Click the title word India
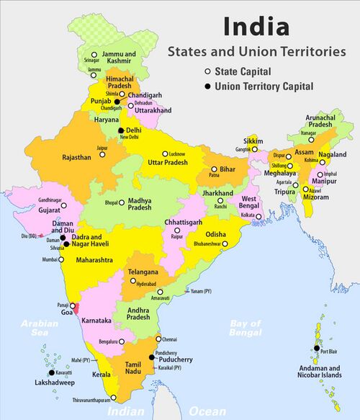pyautogui.click(x=256, y=27)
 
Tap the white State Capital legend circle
pyautogui.click(x=207, y=72)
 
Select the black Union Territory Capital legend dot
pyautogui.click(x=207, y=86)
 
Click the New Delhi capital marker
pyautogui.click(x=121, y=130)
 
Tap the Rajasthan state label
pyautogui.click(x=76, y=156)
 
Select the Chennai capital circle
pyautogui.click(x=158, y=339)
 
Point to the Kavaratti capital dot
pyautogui.click(x=50, y=372)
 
